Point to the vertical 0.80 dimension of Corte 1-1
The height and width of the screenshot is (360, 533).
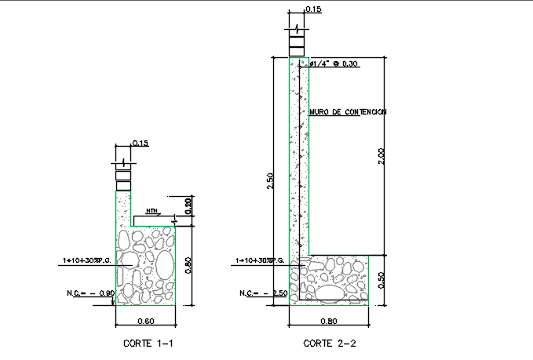pos(188,265)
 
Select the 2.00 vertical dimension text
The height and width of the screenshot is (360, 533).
pos(381,156)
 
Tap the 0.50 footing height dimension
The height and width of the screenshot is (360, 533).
pos(381,280)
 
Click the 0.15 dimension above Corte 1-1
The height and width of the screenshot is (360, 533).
pos(140,144)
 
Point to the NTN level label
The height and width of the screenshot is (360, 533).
pos(151,210)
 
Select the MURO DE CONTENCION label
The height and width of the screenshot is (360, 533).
pos(348,112)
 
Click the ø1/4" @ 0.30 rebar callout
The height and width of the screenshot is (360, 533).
pos(334,64)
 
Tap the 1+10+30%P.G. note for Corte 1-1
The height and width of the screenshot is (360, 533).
pos(89,260)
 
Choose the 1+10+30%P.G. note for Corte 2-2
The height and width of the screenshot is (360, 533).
pos(261,260)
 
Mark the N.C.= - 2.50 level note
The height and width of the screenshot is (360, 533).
pos(263,293)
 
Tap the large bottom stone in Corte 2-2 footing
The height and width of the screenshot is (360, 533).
pos(327,293)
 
